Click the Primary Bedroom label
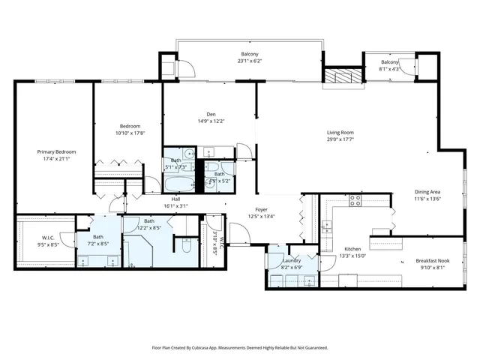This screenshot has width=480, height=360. [x=56, y=151]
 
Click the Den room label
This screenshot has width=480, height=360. [x=211, y=114]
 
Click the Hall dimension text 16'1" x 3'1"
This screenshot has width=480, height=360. [x=175, y=205]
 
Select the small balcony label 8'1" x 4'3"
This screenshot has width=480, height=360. [x=389, y=69]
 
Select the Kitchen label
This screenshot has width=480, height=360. [x=352, y=249]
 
